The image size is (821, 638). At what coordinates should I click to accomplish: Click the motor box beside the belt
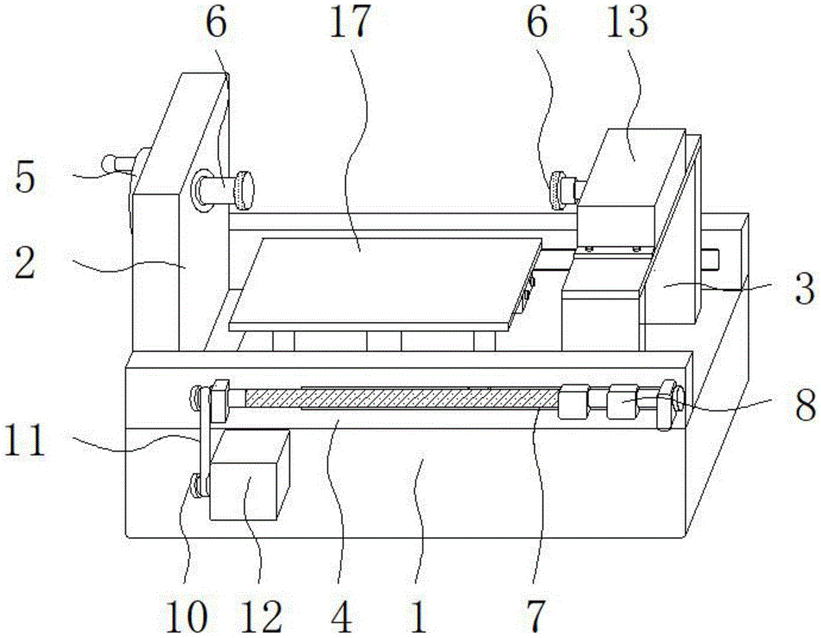coord(249,476)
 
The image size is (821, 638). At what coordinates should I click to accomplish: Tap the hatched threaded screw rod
coord(394,399)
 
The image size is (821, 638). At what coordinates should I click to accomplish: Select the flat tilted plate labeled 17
coord(378,279)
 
